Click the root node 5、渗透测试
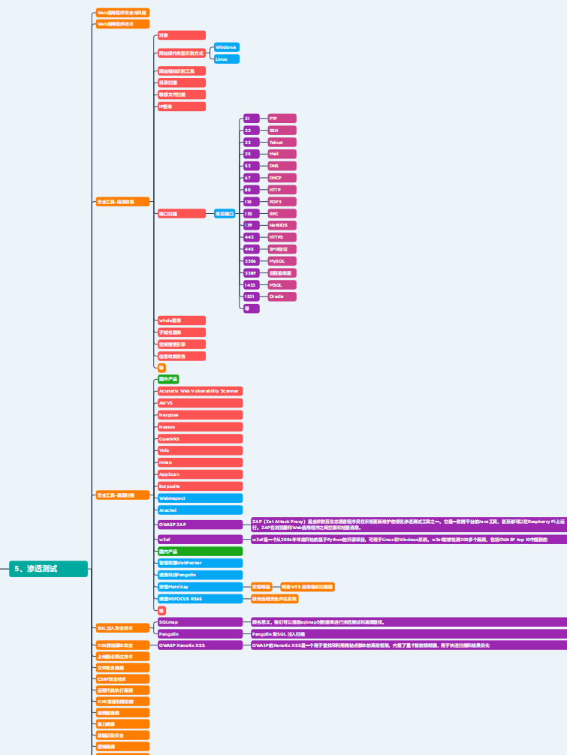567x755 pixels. point(49,569)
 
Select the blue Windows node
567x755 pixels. point(227,47)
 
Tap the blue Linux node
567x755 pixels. point(227,59)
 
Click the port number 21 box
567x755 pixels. point(252,119)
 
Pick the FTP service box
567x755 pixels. point(282,119)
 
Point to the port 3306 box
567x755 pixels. point(252,260)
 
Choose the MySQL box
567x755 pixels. point(282,260)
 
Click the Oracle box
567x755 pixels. point(282,296)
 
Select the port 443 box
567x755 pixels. point(252,237)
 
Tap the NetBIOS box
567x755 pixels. point(282,225)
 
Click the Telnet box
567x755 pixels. point(282,142)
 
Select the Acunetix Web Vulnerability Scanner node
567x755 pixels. point(200,391)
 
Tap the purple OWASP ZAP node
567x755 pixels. point(200,524)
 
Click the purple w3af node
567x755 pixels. point(200,539)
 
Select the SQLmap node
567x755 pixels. point(200,621)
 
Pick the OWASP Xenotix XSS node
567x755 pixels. point(200,645)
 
